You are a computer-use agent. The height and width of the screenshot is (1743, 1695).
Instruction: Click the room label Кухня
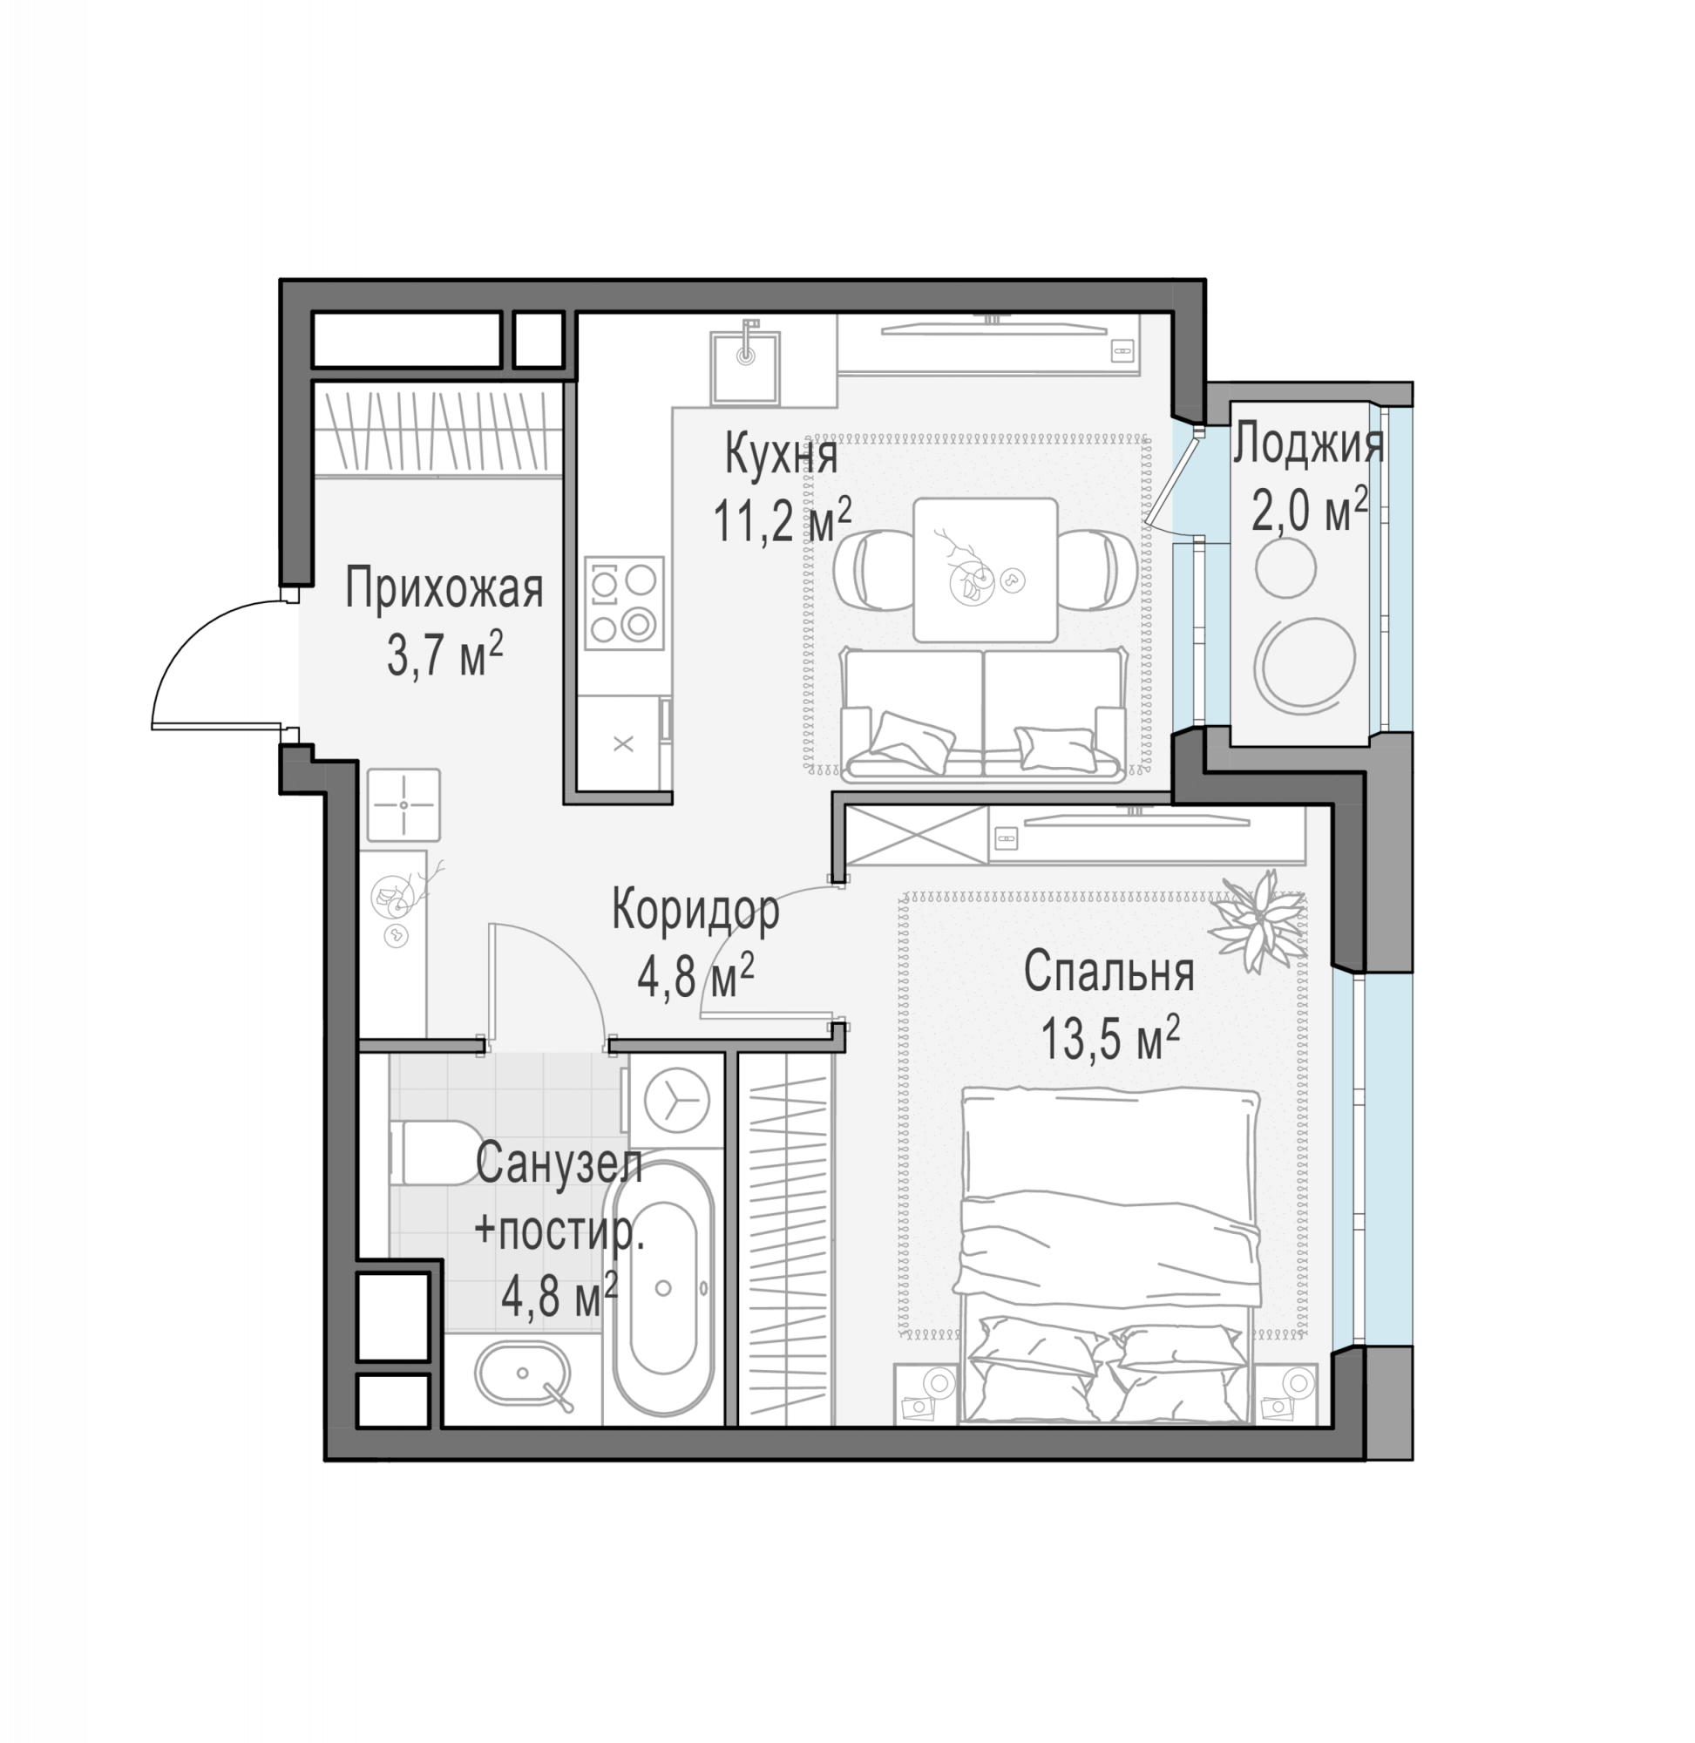click(x=781, y=455)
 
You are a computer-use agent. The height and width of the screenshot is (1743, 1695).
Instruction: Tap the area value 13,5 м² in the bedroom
click(x=1110, y=1037)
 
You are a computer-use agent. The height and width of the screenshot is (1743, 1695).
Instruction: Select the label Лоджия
click(x=1308, y=444)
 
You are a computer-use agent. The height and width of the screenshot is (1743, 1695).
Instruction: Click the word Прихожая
click(x=444, y=588)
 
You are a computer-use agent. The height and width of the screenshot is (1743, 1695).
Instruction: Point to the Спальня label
click(x=1109, y=971)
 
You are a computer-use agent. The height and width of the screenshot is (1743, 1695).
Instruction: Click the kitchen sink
click(x=745, y=367)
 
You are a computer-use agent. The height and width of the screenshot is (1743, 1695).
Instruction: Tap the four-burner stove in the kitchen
click(x=624, y=603)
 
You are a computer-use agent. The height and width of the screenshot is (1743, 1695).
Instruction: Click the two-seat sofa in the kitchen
click(x=983, y=715)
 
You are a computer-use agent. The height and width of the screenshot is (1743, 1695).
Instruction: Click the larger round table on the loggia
click(x=1306, y=661)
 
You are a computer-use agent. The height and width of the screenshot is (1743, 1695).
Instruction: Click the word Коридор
click(x=696, y=910)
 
